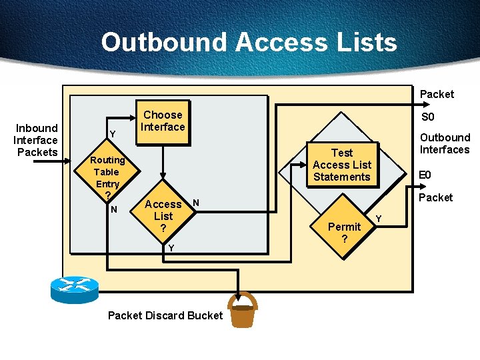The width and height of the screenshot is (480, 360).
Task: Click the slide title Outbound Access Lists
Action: coord(249,42)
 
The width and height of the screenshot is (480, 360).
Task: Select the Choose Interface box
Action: coord(163,121)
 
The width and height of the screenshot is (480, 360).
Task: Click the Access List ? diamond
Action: coord(163,215)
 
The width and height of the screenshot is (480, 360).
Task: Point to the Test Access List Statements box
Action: coord(341,165)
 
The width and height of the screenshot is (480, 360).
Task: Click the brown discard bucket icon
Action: coord(242,311)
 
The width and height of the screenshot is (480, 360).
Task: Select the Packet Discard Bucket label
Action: coord(165,315)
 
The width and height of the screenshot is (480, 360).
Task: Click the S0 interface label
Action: coord(428,117)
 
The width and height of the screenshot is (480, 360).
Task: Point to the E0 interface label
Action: coord(425,175)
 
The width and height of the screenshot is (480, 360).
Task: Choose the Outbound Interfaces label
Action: coord(444,143)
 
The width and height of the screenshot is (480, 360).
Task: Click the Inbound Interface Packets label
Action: coord(37,140)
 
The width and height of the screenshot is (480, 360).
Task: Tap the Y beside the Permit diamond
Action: coord(379,219)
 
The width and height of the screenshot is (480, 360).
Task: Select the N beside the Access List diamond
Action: coord(196,201)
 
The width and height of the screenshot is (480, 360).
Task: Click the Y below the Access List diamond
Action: coord(171,248)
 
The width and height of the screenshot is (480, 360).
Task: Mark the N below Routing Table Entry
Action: coord(113,209)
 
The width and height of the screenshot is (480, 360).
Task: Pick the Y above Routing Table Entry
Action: coord(112,135)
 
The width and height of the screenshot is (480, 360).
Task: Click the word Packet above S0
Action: coord(437,94)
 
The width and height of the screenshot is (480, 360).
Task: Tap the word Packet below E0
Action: coord(435,197)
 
